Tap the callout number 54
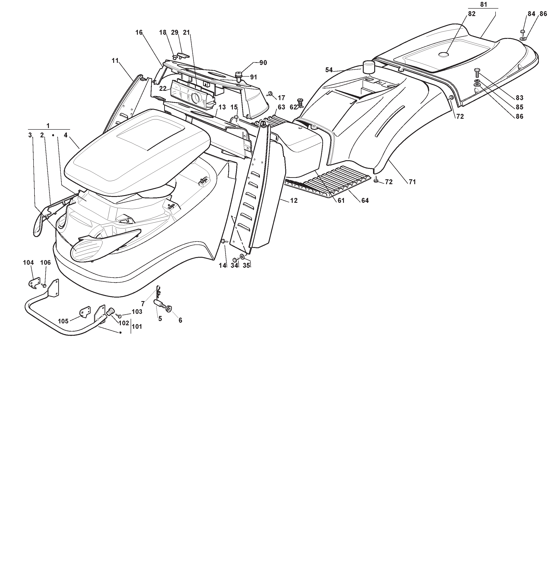click(329, 70)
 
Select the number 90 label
click(263, 63)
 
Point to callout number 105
click(63, 321)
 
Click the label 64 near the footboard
click(365, 200)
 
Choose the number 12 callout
click(294, 200)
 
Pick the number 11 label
click(115, 60)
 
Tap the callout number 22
click(163, 88)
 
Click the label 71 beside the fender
click(412, 182)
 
